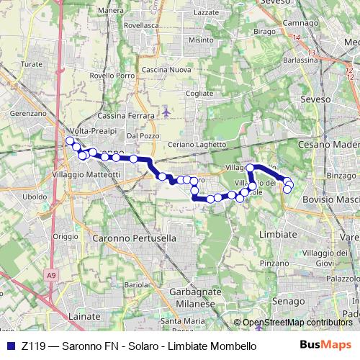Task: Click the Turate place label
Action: (32, 64)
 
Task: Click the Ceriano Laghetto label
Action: (197, 145)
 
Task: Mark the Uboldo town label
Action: (35, 197)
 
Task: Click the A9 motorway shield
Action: (50, 274)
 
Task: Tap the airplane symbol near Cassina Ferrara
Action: (167, 112)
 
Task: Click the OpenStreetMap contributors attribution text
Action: (297, 323)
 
